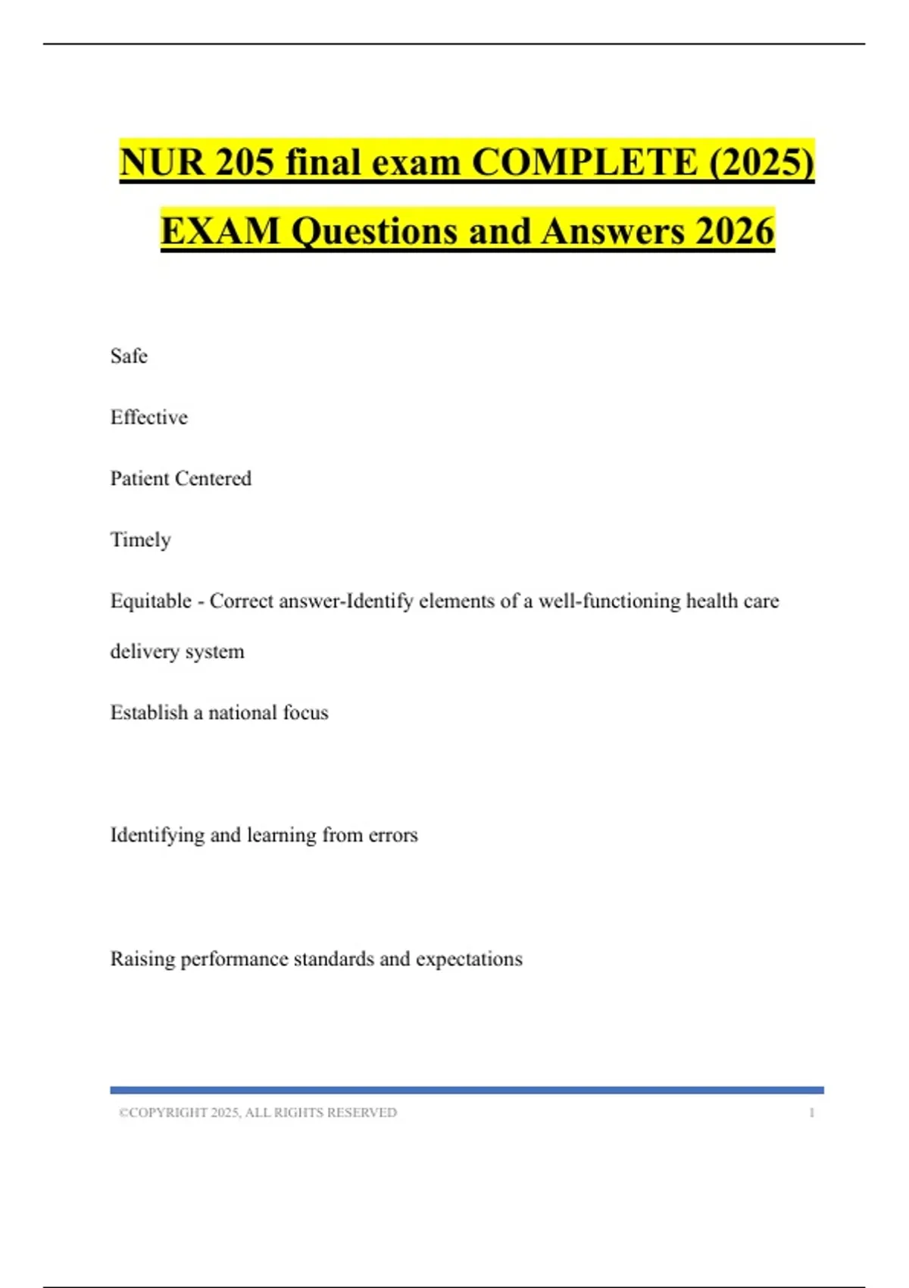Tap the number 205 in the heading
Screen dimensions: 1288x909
tap(244, 162)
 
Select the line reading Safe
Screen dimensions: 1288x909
tap(129, 356)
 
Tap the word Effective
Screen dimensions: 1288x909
tap(148, 417)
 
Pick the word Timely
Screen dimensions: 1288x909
tap(140, 540)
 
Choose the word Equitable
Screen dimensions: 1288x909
tap(151, 602)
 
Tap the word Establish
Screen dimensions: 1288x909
tap(148, 713)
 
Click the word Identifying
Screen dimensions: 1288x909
tap(157, 836)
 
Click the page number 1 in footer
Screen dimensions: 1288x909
tap(811, 1113)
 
